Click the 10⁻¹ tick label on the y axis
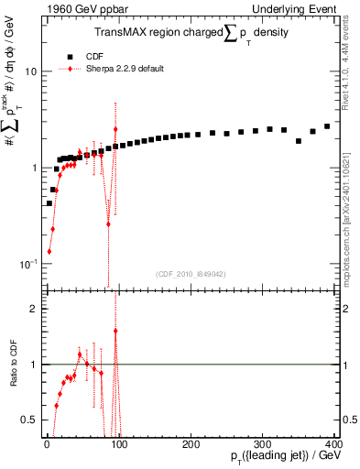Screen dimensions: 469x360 27,264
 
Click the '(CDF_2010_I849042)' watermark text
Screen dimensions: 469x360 191,273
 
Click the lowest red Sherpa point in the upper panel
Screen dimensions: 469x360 49,251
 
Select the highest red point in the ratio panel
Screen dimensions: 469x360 115,331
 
